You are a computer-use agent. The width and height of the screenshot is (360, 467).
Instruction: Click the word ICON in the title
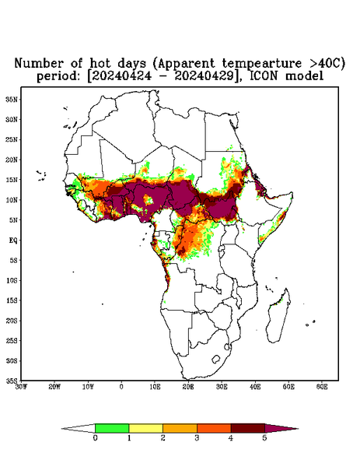pos(264,75)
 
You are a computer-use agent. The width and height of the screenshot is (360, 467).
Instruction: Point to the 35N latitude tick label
pos(12,99)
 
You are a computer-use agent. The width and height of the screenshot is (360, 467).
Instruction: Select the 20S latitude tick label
pos(12,321)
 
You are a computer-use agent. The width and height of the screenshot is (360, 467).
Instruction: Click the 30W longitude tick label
pos(21,387)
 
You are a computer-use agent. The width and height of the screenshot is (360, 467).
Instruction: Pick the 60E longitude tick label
pos(322,387)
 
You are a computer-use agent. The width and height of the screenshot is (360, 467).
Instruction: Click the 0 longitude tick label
pos(121,387)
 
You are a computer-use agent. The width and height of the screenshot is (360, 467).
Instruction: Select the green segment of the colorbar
pos(112,428)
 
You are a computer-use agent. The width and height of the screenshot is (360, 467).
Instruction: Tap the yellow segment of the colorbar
pos(145,428)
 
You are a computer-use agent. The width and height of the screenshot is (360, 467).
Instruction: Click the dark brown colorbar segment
pos(248,428)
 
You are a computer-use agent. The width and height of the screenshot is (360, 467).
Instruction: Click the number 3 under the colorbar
pos(197,438)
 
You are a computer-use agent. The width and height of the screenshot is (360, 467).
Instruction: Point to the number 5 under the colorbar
pos(264,438)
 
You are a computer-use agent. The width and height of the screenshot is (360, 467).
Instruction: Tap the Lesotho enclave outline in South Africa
pos(216,359)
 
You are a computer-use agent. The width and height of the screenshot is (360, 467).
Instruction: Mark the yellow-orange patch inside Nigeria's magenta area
pos(148,199)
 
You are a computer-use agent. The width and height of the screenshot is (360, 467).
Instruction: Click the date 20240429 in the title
pos(204,75)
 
